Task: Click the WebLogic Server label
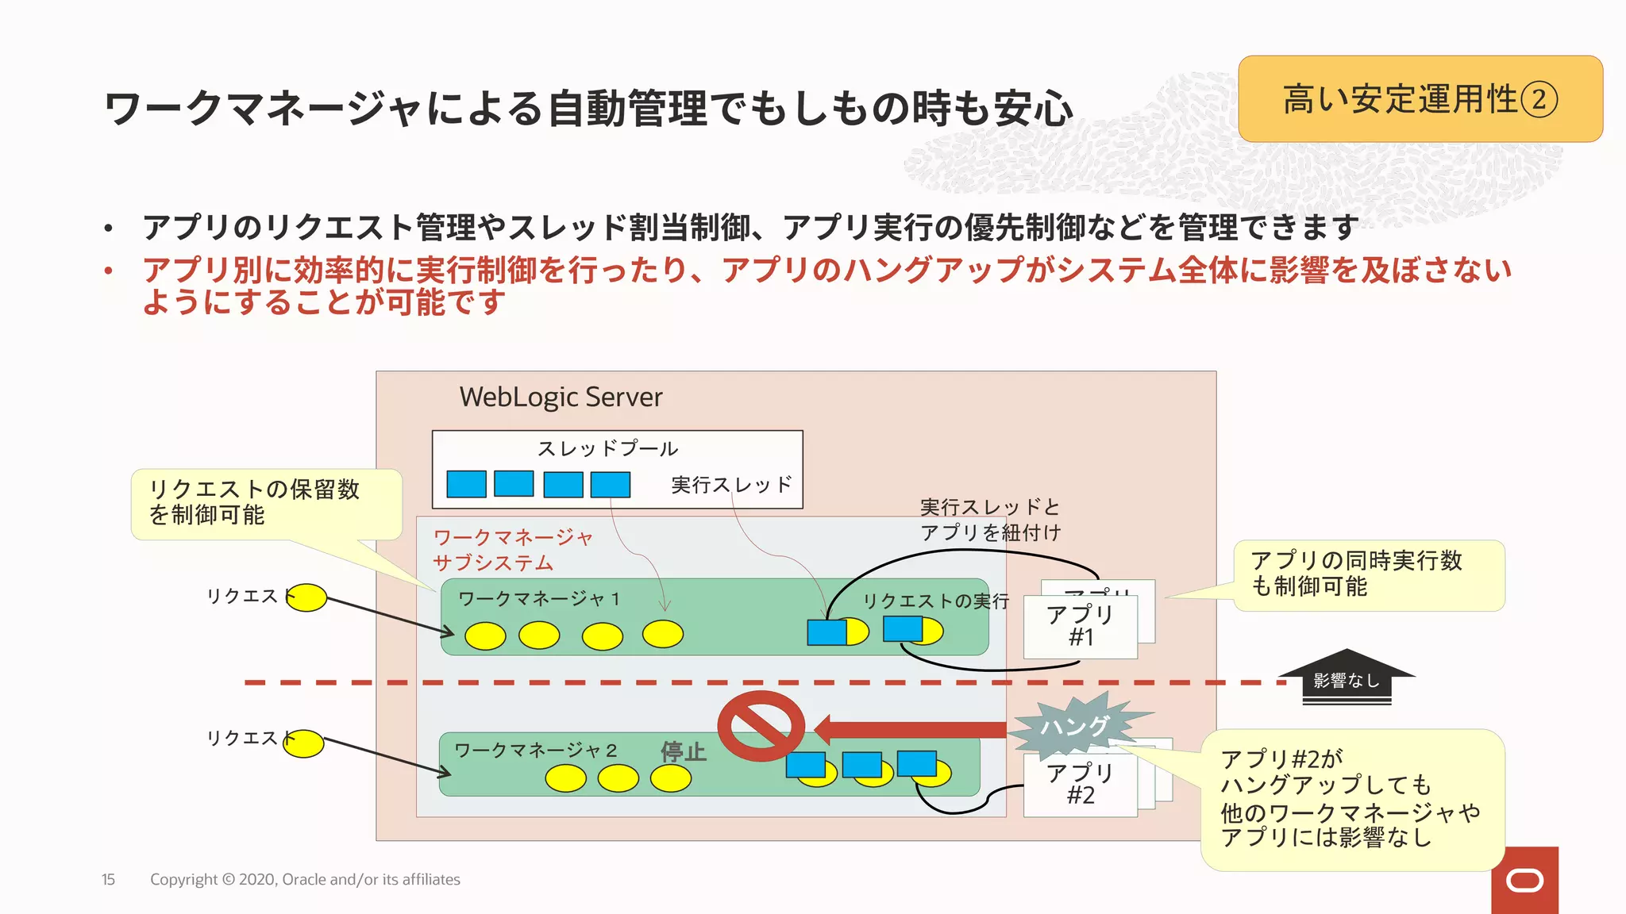(561, 397)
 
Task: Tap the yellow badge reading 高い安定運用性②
(1420, 99)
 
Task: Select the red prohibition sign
(761, 726)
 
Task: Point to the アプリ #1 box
(1080, 626)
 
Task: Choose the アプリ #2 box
(1080, 785)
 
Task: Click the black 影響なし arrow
(1347, 679)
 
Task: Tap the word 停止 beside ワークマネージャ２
(683, 751)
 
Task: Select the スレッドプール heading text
(607, 448)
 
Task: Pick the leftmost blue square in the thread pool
(466, 484)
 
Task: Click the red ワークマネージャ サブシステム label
(512, 550)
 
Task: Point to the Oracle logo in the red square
(1524, 881)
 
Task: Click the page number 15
(108, 879)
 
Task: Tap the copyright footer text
(305, 879)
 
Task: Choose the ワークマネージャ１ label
(539, 599)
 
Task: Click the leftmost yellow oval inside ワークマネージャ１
(485, 636)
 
